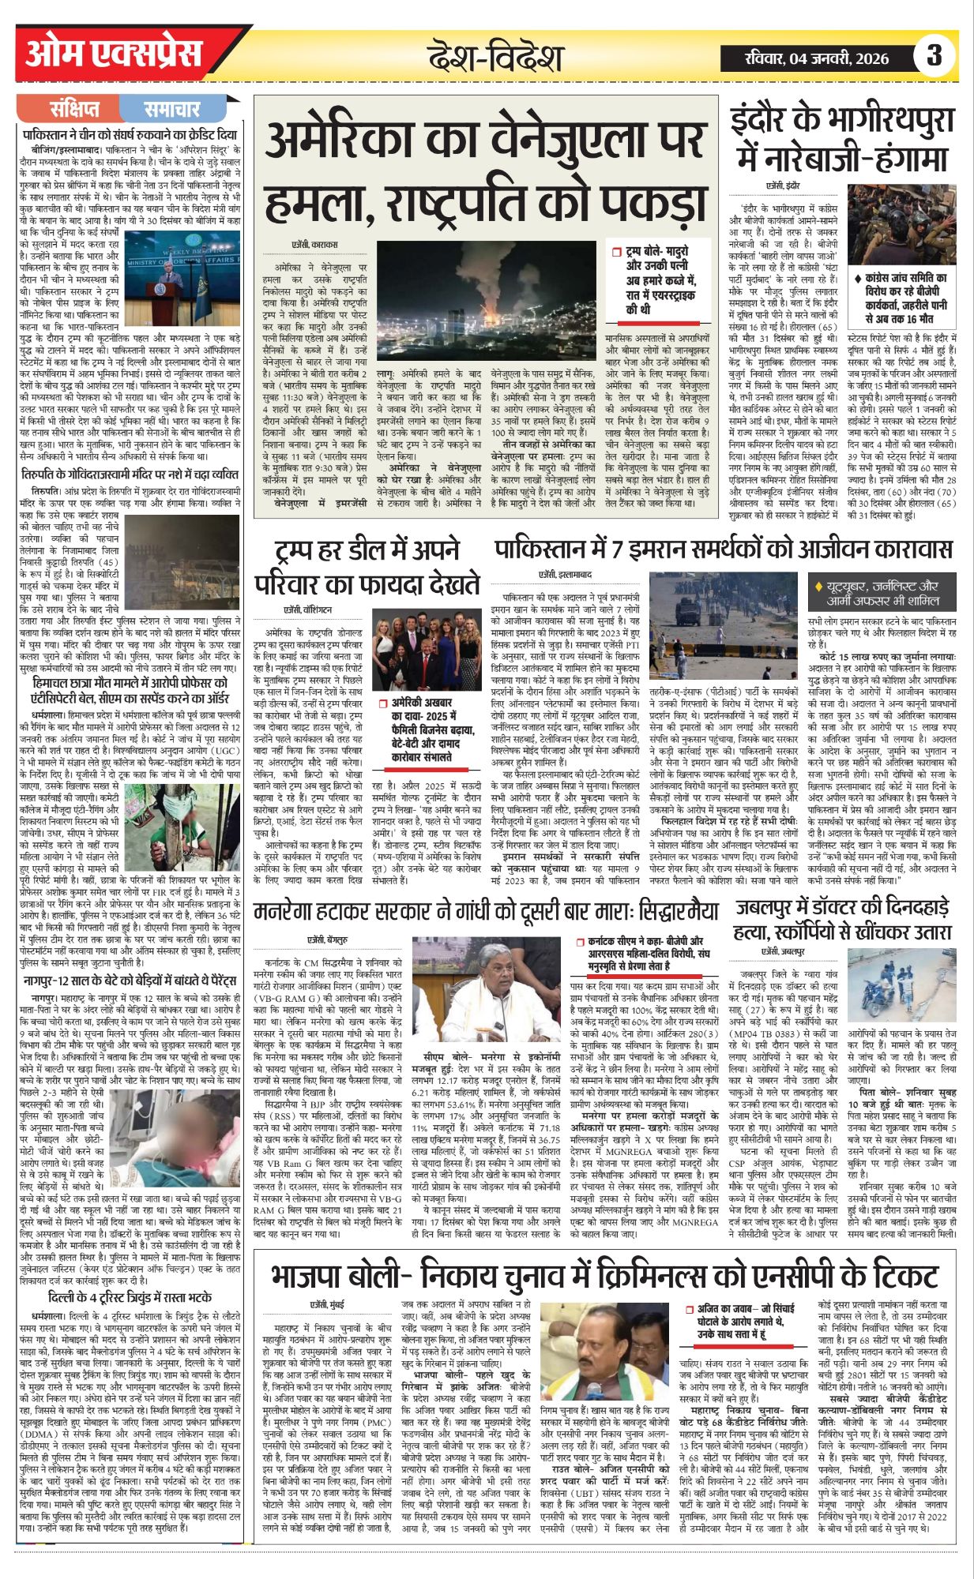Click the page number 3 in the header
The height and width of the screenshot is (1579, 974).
[935, 56]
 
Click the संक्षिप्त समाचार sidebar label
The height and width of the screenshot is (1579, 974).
[125, 109]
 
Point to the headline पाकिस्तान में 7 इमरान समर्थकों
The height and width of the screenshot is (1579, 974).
[723, 548]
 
